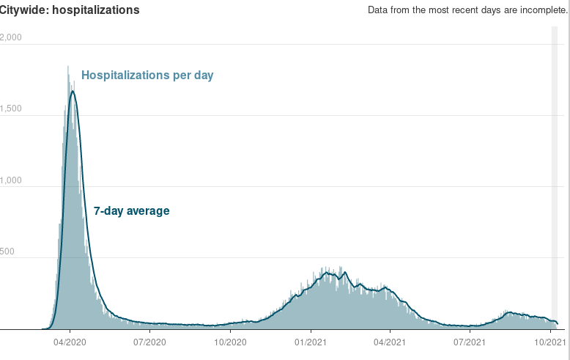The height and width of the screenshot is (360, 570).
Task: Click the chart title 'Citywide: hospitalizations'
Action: coord(70,10)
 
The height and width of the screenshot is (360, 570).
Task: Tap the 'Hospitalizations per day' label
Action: coord(147,75)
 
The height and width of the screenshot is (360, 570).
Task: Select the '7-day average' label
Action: coord(132,211)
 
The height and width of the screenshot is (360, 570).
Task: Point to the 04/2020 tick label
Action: coord(69,342)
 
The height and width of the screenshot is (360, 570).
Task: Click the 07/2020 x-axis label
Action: coord(149,342)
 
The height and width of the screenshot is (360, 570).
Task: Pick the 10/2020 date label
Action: coord(229,342)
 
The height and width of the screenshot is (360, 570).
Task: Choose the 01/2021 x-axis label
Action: coord(311,342)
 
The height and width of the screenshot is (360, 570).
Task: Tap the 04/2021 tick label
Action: coord(390,342)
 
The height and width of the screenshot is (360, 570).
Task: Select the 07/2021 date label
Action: coord(470,342)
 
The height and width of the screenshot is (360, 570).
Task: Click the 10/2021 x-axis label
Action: coord(550,342)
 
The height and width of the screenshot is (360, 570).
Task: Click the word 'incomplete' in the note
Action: coord(542,10)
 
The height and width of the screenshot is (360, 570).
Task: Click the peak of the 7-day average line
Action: coord(72,92)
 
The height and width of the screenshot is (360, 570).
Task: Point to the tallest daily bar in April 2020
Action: coord(68,67)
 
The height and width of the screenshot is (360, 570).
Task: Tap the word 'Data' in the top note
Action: coord(379,10)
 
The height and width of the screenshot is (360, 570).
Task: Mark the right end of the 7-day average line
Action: coord(558,323)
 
